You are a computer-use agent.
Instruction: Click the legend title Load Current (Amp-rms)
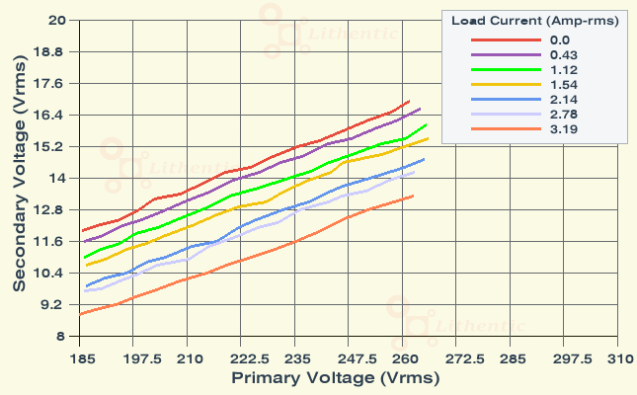(535, 21)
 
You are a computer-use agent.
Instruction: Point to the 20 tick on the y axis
(56, 20)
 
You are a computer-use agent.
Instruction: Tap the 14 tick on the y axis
(56, 178)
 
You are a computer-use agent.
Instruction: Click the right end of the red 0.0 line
(409, 101)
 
